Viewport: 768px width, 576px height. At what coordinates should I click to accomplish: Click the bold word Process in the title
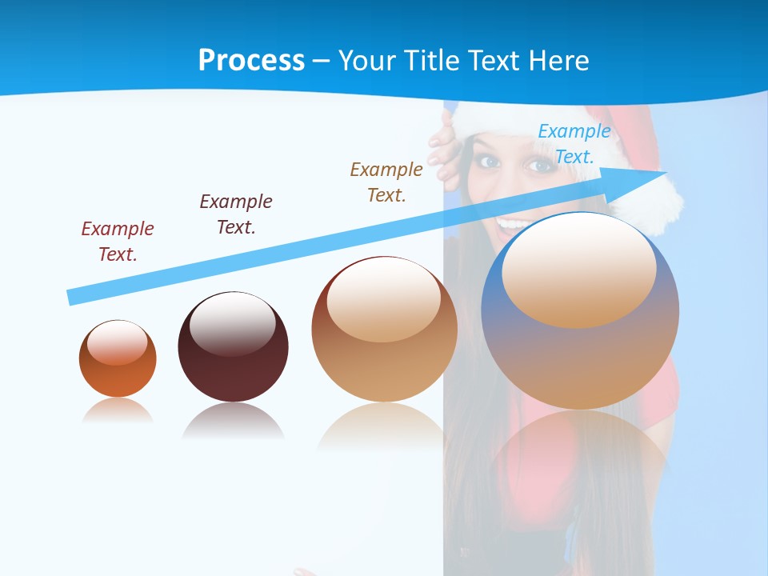251,60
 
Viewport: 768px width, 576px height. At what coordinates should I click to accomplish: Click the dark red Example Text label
118,241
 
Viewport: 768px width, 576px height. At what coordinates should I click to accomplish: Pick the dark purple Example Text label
236,214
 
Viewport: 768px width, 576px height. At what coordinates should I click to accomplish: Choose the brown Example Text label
386,182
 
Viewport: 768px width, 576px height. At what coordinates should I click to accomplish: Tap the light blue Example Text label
574,144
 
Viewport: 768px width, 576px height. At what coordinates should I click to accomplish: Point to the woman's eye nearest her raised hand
490,161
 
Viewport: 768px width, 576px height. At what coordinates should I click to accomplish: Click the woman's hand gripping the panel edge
442,148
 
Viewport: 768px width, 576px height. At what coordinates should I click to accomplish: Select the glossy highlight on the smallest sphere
117,342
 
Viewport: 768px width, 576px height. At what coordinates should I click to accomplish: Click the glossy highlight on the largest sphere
578,270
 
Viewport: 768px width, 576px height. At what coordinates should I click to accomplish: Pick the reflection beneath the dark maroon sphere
233,420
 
